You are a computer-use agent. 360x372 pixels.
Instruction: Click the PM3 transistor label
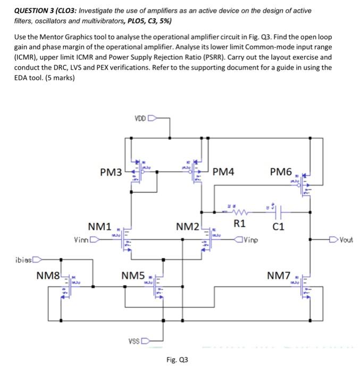[x=111, y=172]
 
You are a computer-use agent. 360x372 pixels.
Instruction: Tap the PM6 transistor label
[x=281, y=172]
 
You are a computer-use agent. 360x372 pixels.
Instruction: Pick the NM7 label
[x=279, y=275]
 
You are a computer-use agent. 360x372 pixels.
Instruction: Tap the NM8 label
[x=48, y=276]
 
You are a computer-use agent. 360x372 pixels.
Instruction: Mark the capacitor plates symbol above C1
[x=279, y=211]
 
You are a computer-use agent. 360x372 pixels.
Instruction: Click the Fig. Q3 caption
[x=177, y=360]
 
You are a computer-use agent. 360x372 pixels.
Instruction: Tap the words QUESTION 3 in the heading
[x=32, y=11]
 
